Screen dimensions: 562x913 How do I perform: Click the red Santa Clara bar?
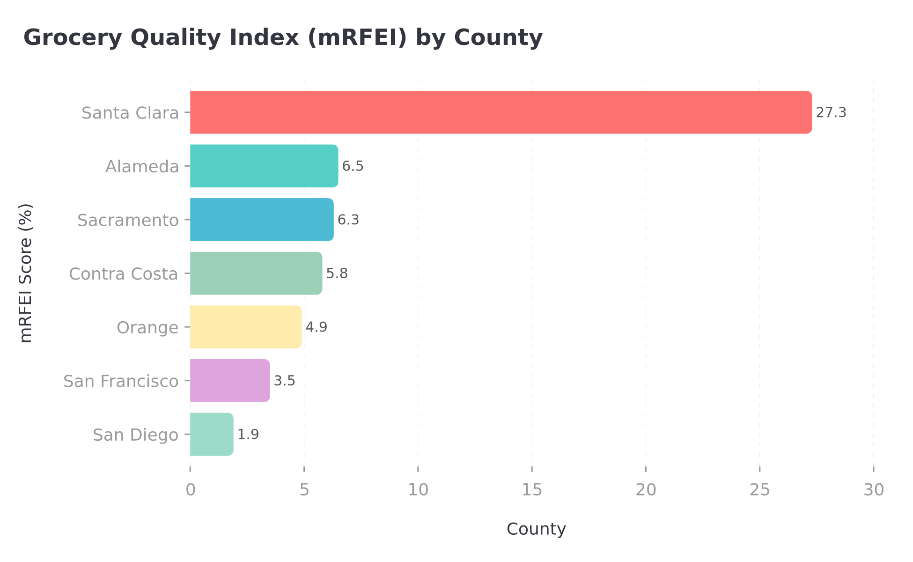coord(501,112)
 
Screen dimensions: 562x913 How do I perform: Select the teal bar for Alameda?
coord(264,166)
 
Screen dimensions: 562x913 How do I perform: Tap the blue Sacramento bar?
coord(262,220)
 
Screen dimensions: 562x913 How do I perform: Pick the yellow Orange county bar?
coord(246,327)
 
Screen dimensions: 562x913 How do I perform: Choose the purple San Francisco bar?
coord(230,380)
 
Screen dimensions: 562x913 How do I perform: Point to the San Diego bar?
coord(212,434)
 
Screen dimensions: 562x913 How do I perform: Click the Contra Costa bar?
coord(256,273)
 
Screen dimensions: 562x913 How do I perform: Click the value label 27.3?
coord(831,113)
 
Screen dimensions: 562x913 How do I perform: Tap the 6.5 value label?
coord(353,166)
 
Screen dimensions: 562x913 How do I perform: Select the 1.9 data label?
coord(248,435)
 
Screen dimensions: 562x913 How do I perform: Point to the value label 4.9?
coord(316,327)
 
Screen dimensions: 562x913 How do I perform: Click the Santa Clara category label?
coord(130,113)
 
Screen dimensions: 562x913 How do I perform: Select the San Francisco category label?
coord(121,381)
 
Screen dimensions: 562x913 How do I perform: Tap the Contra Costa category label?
coord(124,274)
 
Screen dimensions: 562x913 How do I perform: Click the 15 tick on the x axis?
coord(532,490)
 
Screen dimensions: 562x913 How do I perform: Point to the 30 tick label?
coord(874,490)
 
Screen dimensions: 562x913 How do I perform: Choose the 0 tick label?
coord(190,490)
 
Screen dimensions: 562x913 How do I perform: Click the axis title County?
coord(536,529)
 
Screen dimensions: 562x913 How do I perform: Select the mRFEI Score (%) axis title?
coord(26,273)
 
